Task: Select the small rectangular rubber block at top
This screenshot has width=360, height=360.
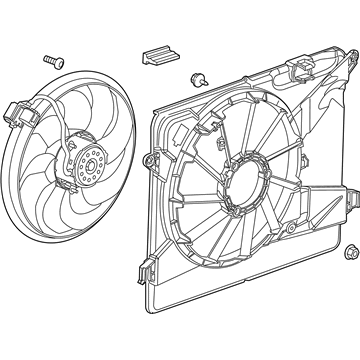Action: coord(157,56)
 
